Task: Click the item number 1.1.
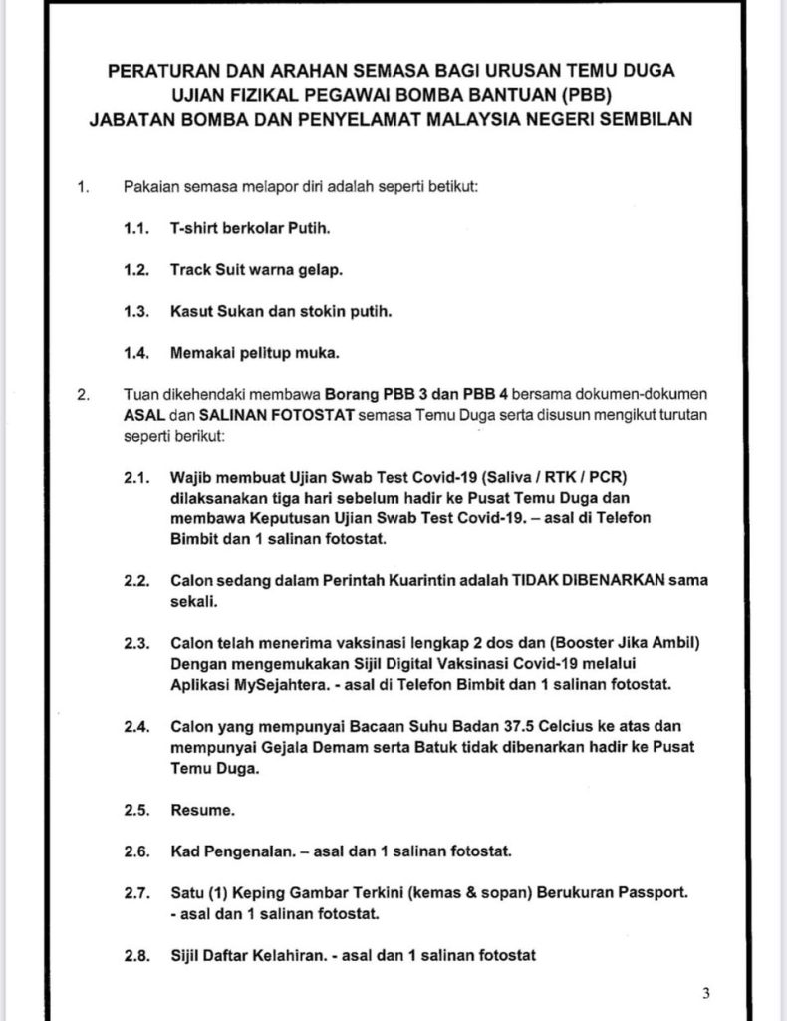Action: point(136,228)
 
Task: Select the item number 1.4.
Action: point(136,352)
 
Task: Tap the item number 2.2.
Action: point(136,579)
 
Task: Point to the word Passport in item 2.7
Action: point(655,892)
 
